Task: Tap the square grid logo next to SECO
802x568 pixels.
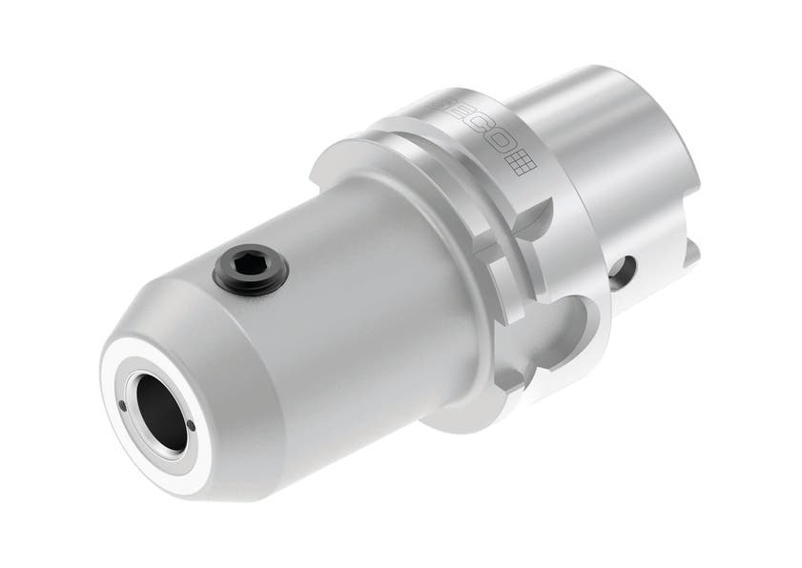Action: coord(524,163)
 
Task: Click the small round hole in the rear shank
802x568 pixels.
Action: coord(624,273)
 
